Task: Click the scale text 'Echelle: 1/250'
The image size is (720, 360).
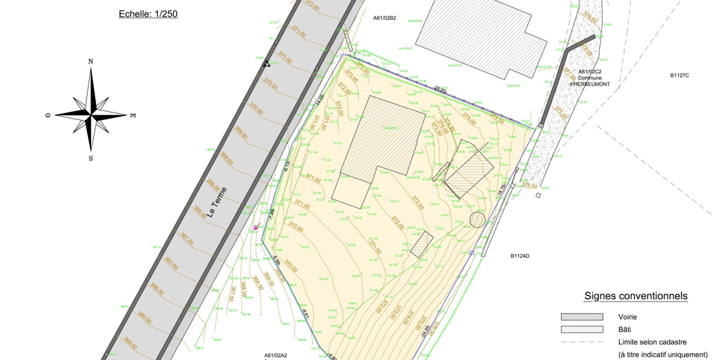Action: [x=148, y=14]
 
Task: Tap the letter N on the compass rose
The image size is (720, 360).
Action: [x=91, y=61]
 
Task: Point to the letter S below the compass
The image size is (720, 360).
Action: [x=91, y=158]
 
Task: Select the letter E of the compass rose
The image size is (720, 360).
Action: [x=132, y=115]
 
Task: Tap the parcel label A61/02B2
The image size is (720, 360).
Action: [x=385, y=18]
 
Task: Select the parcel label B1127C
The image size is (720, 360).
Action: [x=679, y=75]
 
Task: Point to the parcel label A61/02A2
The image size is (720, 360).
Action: [x=276, y=355]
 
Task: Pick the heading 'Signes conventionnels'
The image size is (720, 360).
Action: [x=636, y=296]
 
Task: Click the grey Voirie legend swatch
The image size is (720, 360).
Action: [x=581, y=317]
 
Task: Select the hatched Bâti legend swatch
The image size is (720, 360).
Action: [x=581, y=330]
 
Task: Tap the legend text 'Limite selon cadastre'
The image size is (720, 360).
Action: [x=652, y=342]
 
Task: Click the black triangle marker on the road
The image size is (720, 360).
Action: [x=267, y=64]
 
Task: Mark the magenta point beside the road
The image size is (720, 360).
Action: [x=256, y=228]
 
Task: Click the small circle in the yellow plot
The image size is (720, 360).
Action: [x=477, y=219]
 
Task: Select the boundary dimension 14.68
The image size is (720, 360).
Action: [x=320, y=100]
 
